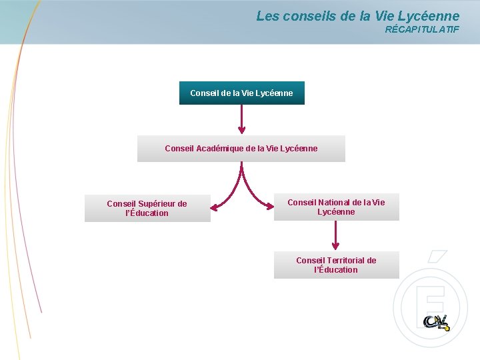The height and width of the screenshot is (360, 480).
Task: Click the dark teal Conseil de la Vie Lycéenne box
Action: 241,93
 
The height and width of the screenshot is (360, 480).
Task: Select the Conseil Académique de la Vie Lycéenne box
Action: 241,149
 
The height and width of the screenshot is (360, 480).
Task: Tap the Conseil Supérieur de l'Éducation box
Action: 147,209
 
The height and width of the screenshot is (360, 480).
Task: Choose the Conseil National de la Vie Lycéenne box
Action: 336,207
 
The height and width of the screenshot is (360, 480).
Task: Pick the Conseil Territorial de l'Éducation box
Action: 336,265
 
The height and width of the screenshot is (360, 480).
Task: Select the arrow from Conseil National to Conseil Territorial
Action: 336,235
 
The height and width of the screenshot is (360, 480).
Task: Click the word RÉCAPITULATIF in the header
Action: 422,29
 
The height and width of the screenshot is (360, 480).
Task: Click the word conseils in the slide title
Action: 309,15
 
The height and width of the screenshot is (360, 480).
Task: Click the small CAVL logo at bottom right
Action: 437,321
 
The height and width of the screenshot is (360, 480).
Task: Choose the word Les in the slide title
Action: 268,15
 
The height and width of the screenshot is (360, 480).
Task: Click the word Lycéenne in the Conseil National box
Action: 336,212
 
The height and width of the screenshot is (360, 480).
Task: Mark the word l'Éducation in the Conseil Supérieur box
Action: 147,213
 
